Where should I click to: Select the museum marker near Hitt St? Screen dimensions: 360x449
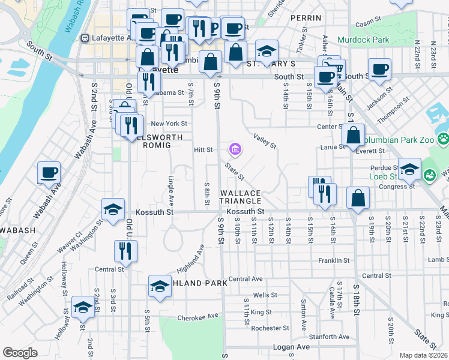[x=235, y=149]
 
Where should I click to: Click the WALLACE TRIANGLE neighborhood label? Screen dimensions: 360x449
[x=241, y=197]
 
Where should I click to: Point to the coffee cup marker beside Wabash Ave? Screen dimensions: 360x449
[x=49, y=173]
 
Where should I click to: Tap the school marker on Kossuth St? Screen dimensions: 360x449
[x=113, y=209]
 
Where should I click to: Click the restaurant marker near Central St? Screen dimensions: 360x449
[x=126, y=251]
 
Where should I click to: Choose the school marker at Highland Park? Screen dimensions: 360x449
[x=160, y=286]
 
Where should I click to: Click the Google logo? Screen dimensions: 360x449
[x=20, y=353]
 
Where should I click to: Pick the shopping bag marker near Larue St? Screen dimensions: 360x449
[x=354, y=136]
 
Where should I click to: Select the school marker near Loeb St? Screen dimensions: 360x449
[x=410, y=169]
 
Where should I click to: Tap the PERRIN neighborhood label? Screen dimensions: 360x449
[x=302, y=19]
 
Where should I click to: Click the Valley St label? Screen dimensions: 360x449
[x=265, y=141]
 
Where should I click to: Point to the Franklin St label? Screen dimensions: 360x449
[x=334, y=260]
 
